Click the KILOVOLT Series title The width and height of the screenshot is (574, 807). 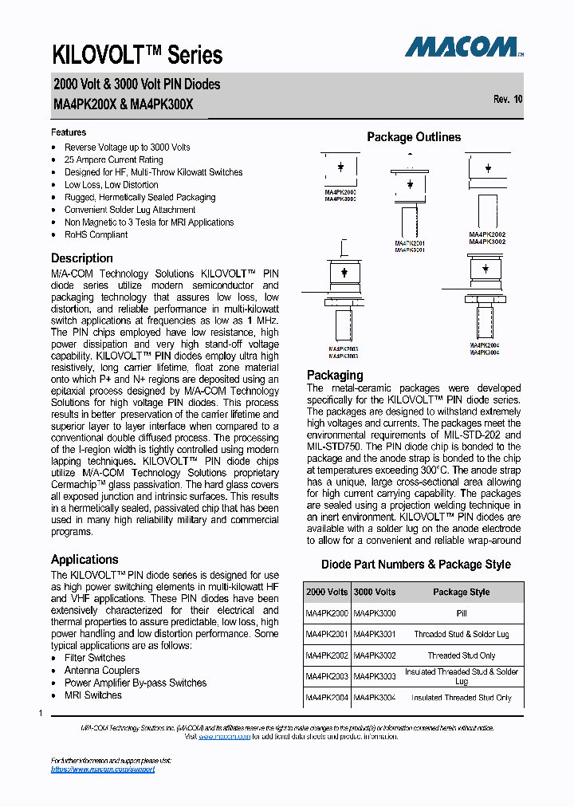[x=137, y=54]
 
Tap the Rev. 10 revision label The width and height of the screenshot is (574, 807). [x=508, y=100]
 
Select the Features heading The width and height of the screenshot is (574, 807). [x=69, y=132]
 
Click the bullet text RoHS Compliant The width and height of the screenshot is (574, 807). [x=96, y=235]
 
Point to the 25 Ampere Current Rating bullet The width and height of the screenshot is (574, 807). [x=113, y=159]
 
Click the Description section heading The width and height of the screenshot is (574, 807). [x=82, y=258]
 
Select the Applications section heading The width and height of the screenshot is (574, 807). [x=85, y=560]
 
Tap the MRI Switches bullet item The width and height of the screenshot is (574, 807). [x=93, y=695]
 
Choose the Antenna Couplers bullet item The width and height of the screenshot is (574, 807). [x=102, y=671]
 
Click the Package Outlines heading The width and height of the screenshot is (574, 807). [x=413, y=137]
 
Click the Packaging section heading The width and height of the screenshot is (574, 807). [x=335, y=376]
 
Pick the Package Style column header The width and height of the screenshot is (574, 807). [x=461, y=592]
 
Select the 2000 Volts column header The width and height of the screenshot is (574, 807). [x=327, y=592]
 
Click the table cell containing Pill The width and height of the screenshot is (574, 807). [x=461, y=613]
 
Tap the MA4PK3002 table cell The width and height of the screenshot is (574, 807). [x=374, y=655]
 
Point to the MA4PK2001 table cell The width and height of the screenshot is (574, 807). [x=327, y=635]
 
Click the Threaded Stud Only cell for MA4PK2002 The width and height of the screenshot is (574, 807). [x=461, y=655]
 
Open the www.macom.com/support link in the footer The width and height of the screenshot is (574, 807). [x=102, y=770]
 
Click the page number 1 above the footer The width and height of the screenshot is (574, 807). [x=41, y=712]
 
